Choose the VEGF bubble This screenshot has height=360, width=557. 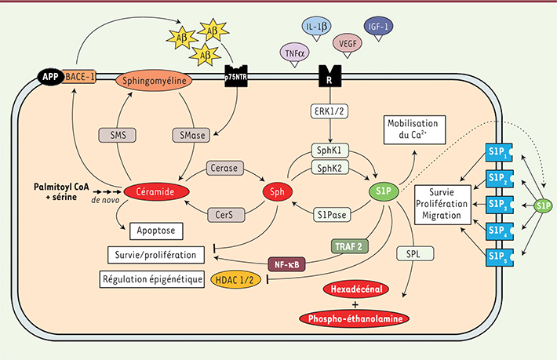(348, 45)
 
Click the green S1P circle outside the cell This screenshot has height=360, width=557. (544, 205)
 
